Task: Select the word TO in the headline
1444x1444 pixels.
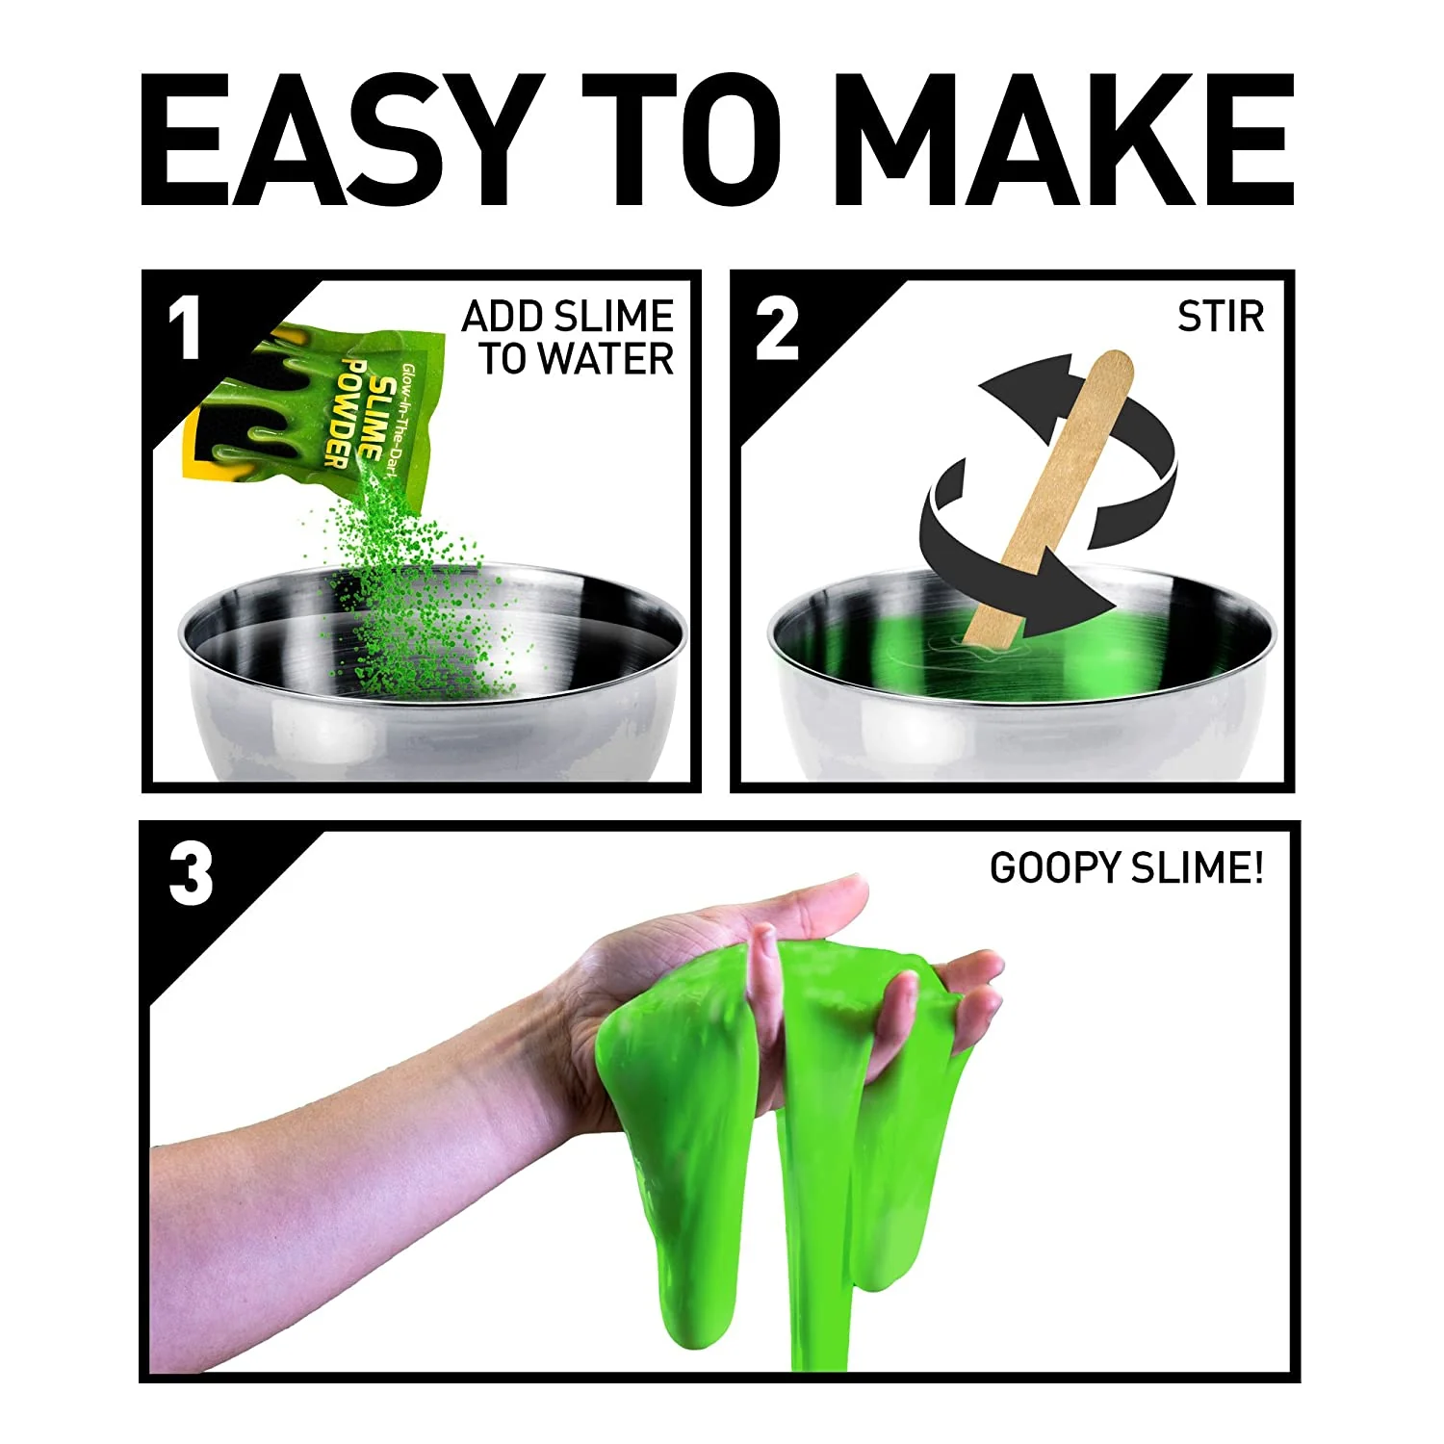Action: point(683,140)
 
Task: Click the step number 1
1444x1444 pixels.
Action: point(184,328)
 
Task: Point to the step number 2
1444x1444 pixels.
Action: point(777,328)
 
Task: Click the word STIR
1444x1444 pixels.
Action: point(1221,317)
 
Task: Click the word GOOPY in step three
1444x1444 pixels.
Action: point(1056,868)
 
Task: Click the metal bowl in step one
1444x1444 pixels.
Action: point(432,674)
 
